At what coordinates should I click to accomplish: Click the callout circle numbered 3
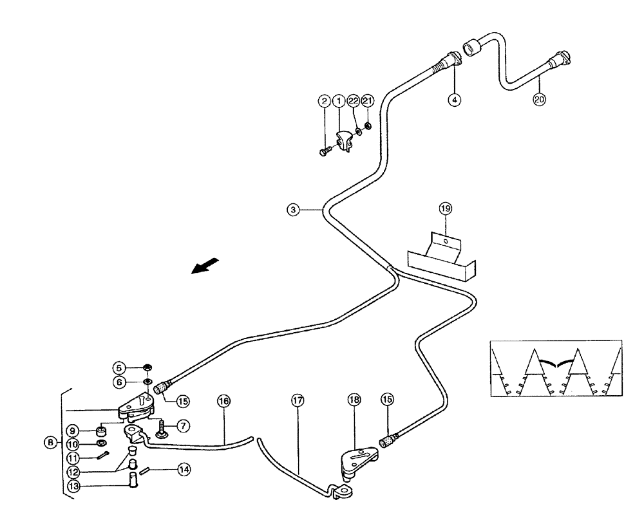tap(293, 209)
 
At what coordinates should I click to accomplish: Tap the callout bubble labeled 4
tap(455, 100)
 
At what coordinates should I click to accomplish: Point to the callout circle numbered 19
tap(446, 208)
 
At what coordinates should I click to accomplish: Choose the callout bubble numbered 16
tap(223, 400)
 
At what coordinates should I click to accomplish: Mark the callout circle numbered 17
tap(297, 400)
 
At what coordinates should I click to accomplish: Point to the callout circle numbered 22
tap(353, 100)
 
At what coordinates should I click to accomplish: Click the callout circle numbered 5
tap(119, 368)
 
